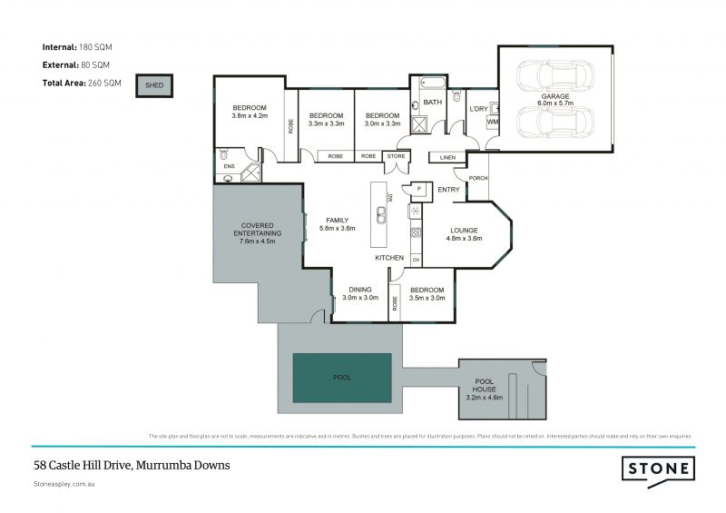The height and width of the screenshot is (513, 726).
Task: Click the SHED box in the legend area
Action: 153,86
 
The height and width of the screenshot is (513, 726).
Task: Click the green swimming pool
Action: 341,378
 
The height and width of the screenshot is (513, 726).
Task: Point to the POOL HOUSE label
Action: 484,390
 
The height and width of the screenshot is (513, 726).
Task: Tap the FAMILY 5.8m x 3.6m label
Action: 337,224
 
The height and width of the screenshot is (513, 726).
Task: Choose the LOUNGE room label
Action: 464,234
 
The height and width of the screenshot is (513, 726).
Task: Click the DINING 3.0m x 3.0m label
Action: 360,293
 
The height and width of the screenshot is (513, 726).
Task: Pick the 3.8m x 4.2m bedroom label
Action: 250,112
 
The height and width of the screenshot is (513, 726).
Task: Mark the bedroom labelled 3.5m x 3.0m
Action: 427,293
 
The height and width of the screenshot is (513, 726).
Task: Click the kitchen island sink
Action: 383,215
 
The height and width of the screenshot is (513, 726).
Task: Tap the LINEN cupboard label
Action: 446,157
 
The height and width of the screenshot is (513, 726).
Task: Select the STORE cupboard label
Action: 396,156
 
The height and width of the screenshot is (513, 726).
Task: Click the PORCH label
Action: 478,178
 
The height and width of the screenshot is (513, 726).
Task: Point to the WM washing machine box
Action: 494,121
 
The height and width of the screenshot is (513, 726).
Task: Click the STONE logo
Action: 659,469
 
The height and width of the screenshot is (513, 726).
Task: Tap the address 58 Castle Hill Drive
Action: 132,465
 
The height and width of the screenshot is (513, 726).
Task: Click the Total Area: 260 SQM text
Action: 83,83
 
